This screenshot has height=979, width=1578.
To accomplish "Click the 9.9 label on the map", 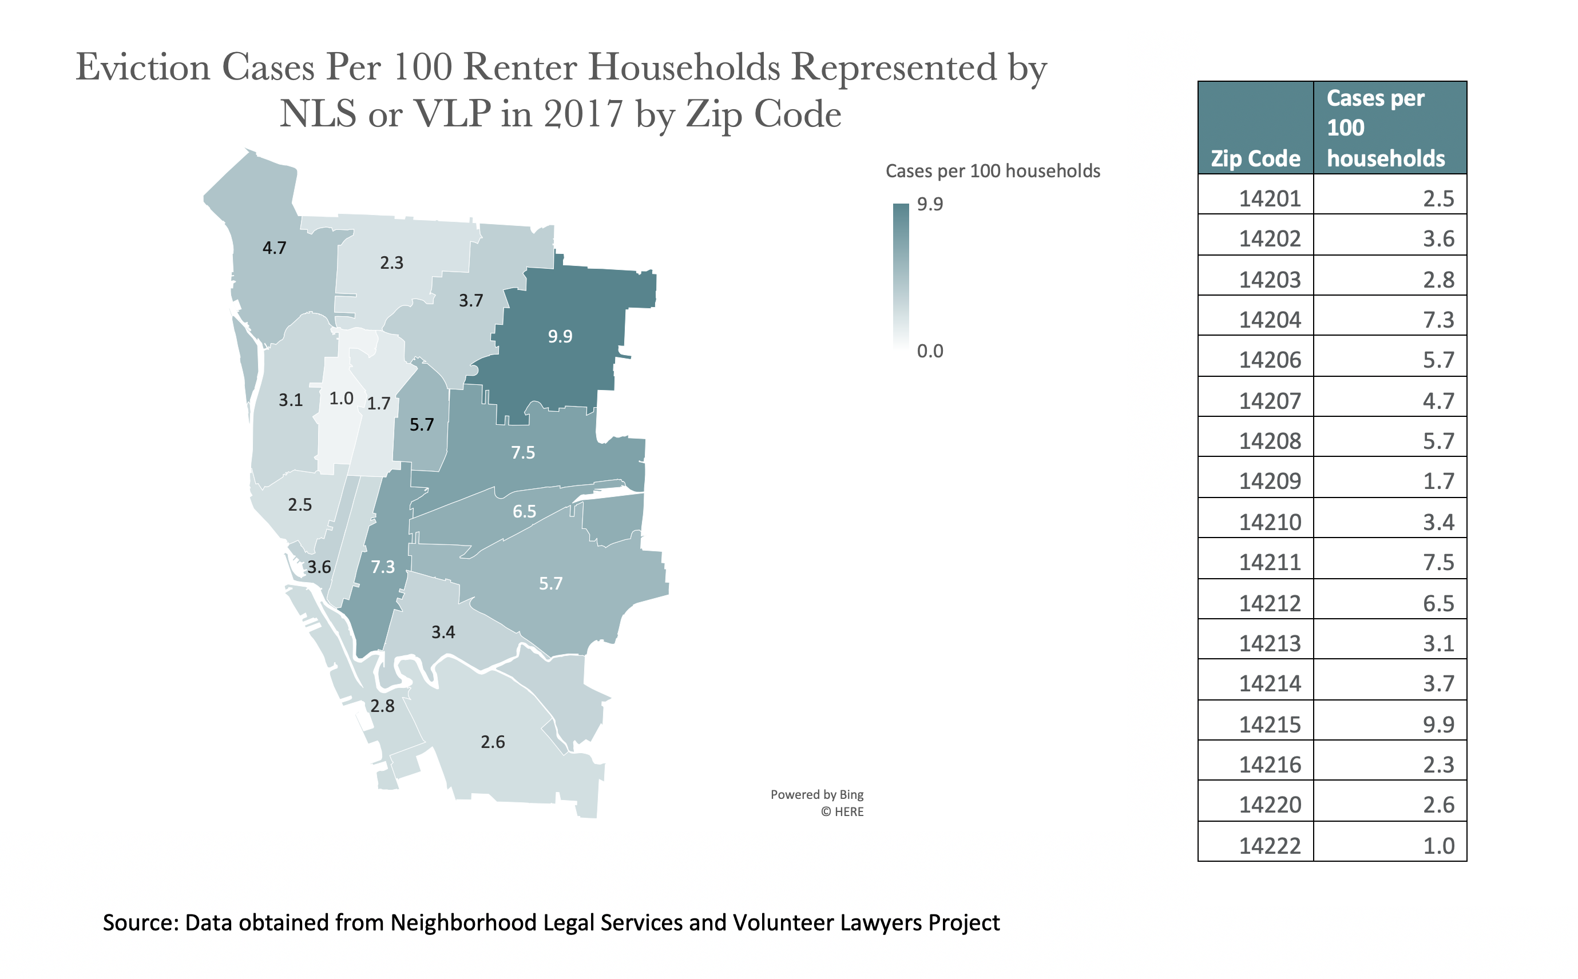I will click(560, 336).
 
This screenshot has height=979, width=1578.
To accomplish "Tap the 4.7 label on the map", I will click(274, 248).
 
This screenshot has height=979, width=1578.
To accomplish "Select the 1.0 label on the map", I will click(341, 398).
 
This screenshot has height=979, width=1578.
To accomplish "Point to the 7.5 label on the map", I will click(523, 452).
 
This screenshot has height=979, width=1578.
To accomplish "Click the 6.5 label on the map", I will click(524, 511).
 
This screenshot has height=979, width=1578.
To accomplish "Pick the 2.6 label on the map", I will click(492, 741).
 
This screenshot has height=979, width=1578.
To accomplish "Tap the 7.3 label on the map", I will click(382, 567).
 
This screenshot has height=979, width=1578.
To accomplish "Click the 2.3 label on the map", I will click(391, 262).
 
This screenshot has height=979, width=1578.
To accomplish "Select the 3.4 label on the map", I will click(443, 632).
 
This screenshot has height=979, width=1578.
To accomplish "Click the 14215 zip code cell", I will click(1269, 725).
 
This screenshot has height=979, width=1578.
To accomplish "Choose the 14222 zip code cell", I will click(1269, 846).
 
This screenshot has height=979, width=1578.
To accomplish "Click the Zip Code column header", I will click(1255, 158).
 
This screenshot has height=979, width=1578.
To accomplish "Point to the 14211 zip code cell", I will click(1269, 562).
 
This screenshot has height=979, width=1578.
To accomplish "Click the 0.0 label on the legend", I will click(930, 351).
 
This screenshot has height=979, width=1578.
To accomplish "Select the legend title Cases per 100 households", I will click(993, 171).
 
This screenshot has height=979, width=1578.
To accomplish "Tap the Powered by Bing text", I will click(816, 794).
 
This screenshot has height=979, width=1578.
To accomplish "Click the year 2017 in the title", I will click(584, 114).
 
